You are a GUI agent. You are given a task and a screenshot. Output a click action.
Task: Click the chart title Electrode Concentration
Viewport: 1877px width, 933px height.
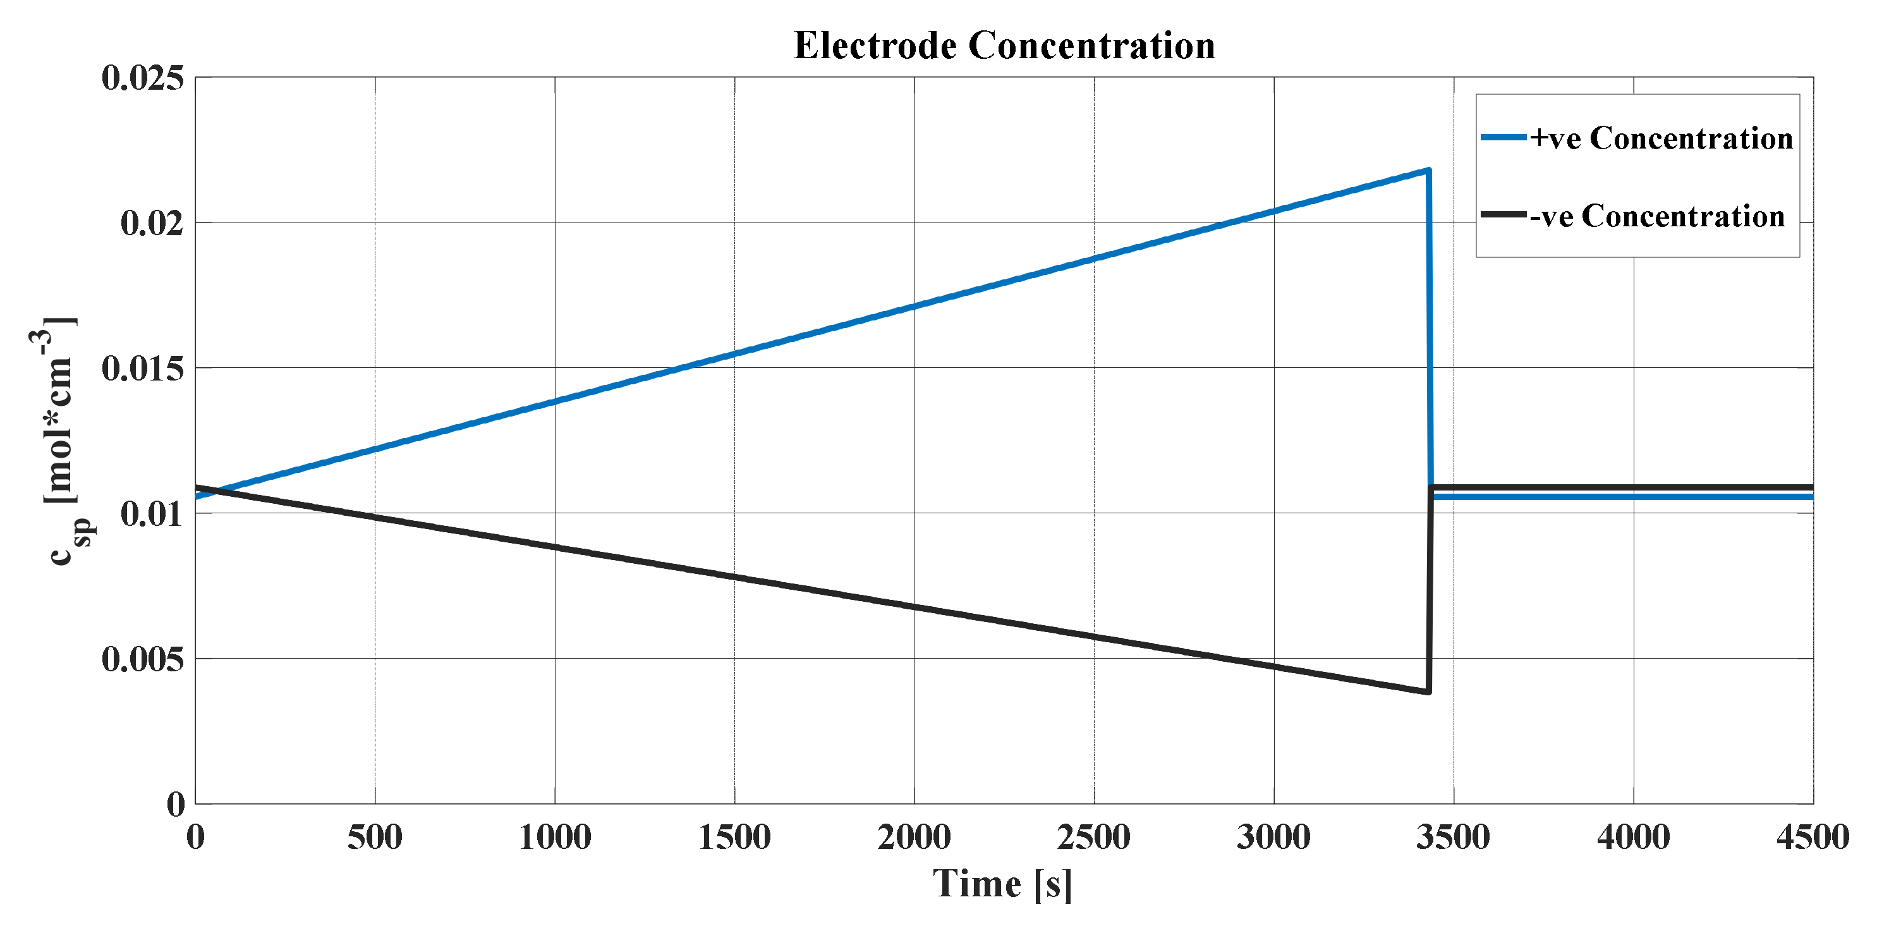pos(1004,45)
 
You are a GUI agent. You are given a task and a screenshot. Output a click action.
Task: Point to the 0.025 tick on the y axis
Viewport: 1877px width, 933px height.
pos(143,78)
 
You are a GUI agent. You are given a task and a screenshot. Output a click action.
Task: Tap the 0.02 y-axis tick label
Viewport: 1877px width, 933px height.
pos(152,223)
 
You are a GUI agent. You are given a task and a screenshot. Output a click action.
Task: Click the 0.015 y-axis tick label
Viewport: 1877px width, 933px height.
pos(143,368)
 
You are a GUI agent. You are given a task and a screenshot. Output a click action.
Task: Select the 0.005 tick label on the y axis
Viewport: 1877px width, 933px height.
pos(143,659)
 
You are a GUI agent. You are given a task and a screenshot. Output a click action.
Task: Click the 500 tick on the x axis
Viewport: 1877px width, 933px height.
pos(375,837)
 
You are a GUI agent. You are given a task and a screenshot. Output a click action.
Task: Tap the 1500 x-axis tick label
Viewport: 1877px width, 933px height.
pos(734,837)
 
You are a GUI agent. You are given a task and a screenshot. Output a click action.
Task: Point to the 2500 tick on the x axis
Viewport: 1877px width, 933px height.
pos(1094,837)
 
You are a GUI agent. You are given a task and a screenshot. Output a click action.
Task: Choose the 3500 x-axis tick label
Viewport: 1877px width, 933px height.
pos(1453,837)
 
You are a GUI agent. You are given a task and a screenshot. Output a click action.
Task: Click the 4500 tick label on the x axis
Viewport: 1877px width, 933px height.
pos(1812,837)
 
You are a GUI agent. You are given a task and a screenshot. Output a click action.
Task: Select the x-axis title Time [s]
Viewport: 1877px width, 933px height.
pos(1002,884)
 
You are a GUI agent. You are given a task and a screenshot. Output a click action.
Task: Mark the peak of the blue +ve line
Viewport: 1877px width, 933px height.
pos(1428,171)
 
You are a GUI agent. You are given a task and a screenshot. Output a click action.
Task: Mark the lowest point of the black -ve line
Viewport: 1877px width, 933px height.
pos(1428,691)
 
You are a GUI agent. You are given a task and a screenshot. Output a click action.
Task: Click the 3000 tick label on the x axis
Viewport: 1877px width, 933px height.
pos(1273,837)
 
